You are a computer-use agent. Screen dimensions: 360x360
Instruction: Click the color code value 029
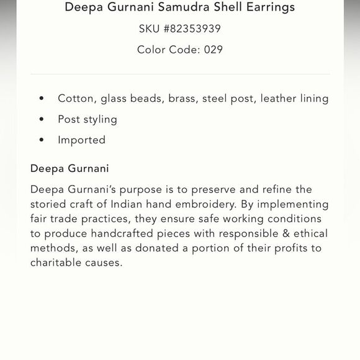coord(213,50)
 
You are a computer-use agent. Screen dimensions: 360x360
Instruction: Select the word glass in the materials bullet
coord(115,98)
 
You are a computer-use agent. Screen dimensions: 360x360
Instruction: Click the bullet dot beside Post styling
coord(42,119)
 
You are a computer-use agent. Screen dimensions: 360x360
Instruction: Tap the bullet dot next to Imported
coord(42,140)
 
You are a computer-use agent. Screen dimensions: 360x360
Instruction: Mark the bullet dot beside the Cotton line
coord(42,98)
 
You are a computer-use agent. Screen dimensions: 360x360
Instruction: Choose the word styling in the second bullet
coord(100,119)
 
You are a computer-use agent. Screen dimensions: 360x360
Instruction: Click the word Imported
coord(81,140)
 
